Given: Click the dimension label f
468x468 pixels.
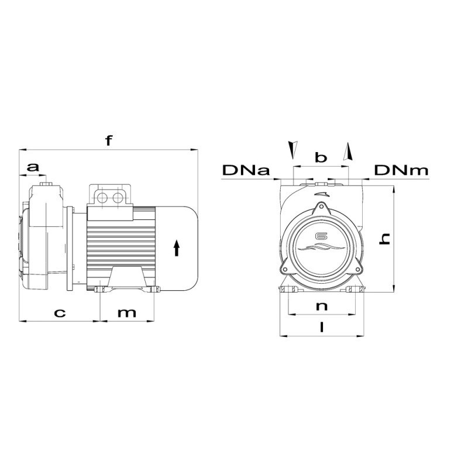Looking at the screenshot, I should pyautogui.click(x=108, y=140).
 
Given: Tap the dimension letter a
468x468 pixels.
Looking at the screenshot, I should pyautogui.click(x=34, y=167).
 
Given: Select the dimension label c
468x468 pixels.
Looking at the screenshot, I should pyautogui.click(x=59, y=312).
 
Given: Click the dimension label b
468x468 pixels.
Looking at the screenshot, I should pyautogui.click(x=320, y=157).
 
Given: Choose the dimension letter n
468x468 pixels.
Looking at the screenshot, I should pyautogui.click(x=320, y=306).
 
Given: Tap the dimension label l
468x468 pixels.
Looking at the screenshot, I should pyautogui.click(x=321, y=328).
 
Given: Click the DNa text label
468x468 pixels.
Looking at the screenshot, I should pyautogui.click(x=246, y=171).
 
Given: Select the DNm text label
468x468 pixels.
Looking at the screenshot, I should pyautogui.click(x=401, y=171).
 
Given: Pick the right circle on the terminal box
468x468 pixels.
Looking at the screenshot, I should pyautogui.click(x=118, y=197).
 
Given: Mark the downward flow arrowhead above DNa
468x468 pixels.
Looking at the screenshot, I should pyautogui.click(x=291, y=149).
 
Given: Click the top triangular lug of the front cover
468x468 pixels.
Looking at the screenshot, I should pyautogui.click(x=321, y=209).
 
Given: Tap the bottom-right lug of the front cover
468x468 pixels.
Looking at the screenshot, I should pyautogui.click(x=357, y=269).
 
